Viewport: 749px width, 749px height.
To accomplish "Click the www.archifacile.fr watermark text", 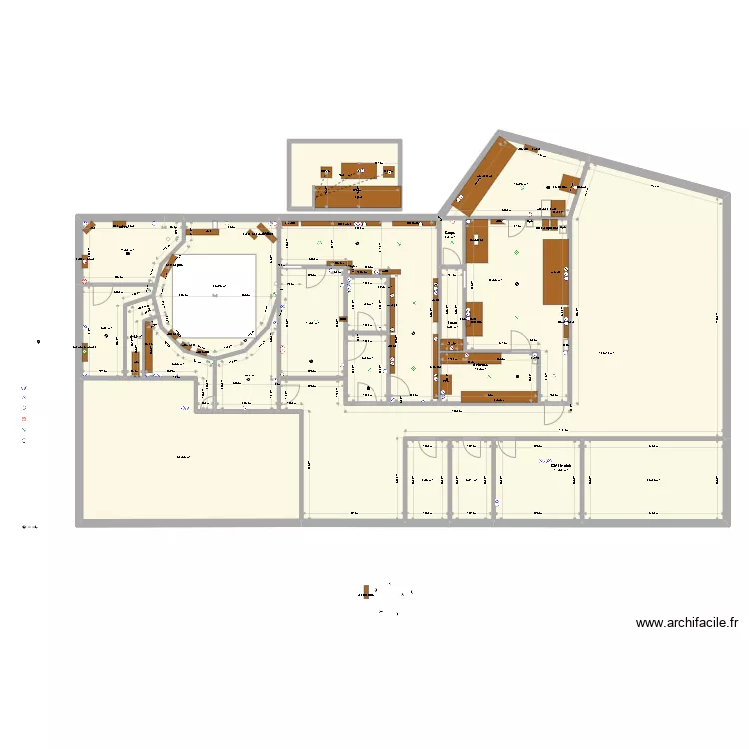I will click(x=687, y=624).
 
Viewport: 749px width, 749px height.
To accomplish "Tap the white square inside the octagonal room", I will click(x=215, y=295).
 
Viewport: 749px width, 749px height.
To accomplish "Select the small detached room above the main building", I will click(x=345, y=175).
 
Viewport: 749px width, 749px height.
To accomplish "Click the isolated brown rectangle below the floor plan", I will click(x=367, y=593).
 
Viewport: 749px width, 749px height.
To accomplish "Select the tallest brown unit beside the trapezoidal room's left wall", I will click(x=554, y=271).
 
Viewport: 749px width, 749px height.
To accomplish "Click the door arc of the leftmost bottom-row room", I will click(x=428, y=449).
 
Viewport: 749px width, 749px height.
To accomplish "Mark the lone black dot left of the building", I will click(x=38, y=344).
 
